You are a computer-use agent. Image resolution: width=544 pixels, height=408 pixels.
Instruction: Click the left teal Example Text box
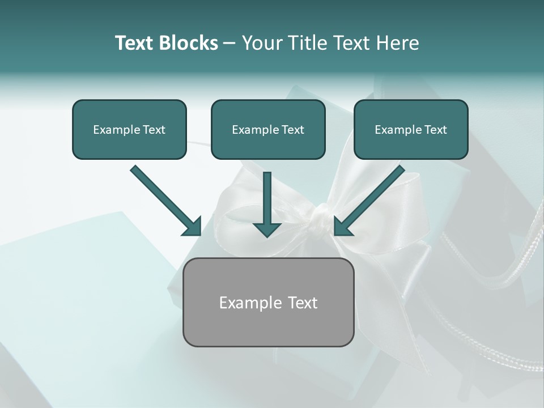click(129, 129)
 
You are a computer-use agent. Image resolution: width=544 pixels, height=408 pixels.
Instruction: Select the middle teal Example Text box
click(268, 129)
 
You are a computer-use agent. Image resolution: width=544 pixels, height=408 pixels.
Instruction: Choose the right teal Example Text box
click(411, 129)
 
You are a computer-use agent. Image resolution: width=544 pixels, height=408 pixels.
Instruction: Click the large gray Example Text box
click(268, 302)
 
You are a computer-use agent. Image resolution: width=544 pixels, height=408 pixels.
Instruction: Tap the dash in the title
click(229, 44)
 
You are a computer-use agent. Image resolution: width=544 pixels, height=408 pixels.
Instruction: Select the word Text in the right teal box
click(435, 130)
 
